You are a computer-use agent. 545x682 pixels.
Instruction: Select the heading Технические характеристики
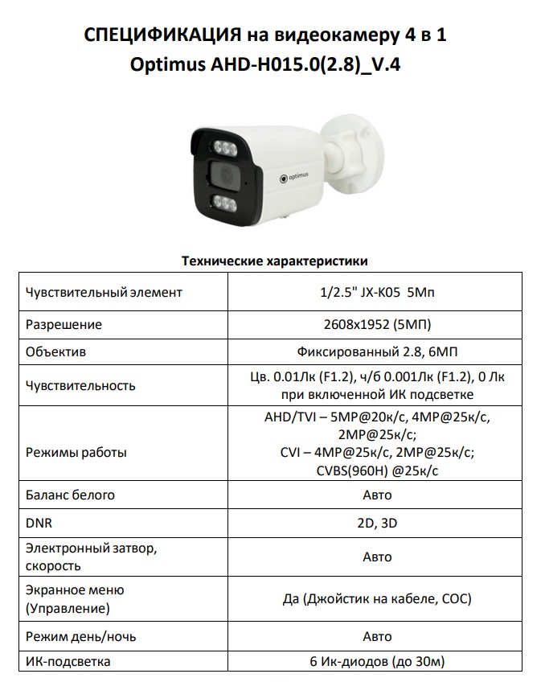point(275,261)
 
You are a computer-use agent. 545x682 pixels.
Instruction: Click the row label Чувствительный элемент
point(104,292)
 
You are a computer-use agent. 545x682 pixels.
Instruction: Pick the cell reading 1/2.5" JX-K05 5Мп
point(376,292)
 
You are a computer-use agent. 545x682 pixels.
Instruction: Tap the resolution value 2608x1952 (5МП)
point(376,325)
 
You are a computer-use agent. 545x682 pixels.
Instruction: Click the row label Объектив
point(55,352)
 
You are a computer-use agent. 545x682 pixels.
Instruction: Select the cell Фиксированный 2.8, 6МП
point(376,352)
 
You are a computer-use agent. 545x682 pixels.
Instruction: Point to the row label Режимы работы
point(76,452)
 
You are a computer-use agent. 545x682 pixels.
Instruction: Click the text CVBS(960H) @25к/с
point(376,470)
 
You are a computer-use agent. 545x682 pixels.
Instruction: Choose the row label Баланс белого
point(70,495)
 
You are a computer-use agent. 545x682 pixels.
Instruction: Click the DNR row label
point(39,524)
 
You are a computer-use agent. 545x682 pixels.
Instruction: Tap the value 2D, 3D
point(376,524)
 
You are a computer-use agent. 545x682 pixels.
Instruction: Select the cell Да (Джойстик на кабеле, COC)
point(376,599)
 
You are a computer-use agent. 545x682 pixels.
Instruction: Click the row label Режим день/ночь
point(81,636)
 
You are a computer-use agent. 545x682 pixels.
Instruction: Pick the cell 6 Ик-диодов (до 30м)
point(376,662)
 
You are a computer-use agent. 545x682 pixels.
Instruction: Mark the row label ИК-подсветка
point(68,662)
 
